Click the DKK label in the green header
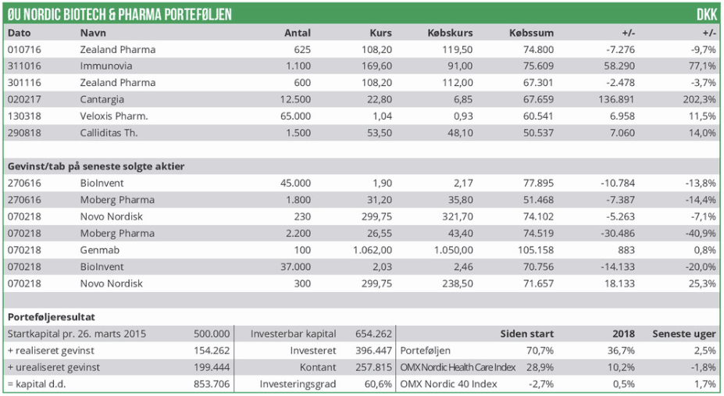[706, 14]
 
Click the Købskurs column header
[451, 33]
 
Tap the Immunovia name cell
[106, 66]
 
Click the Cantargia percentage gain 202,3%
[699, 99]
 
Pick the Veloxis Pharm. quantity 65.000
[294, 116]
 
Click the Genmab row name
[98, 250]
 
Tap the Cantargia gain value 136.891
[615, 99]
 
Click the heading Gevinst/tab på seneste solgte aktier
[96, 166]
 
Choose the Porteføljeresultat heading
[52, 317]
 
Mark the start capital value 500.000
[212, 334]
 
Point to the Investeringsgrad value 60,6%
[377, 384]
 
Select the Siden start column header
[527, 334]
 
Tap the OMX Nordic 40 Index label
[449, 384]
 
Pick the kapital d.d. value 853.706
[212, 384]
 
